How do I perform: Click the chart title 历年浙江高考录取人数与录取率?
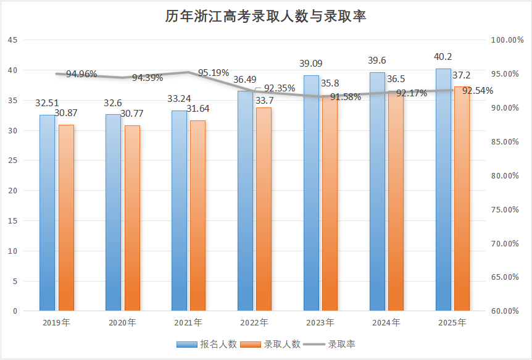pos(265,17)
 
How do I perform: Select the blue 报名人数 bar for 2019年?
pos(47,213)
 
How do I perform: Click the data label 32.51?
pos(48,104)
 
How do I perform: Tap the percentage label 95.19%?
pos(214,73)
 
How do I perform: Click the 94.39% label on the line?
pos(148,78)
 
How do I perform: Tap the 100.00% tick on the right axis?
pos(506,40)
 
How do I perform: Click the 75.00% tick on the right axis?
pos(506,209)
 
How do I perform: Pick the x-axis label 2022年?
pos(254,323)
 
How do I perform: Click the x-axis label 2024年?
pos(386,323)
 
